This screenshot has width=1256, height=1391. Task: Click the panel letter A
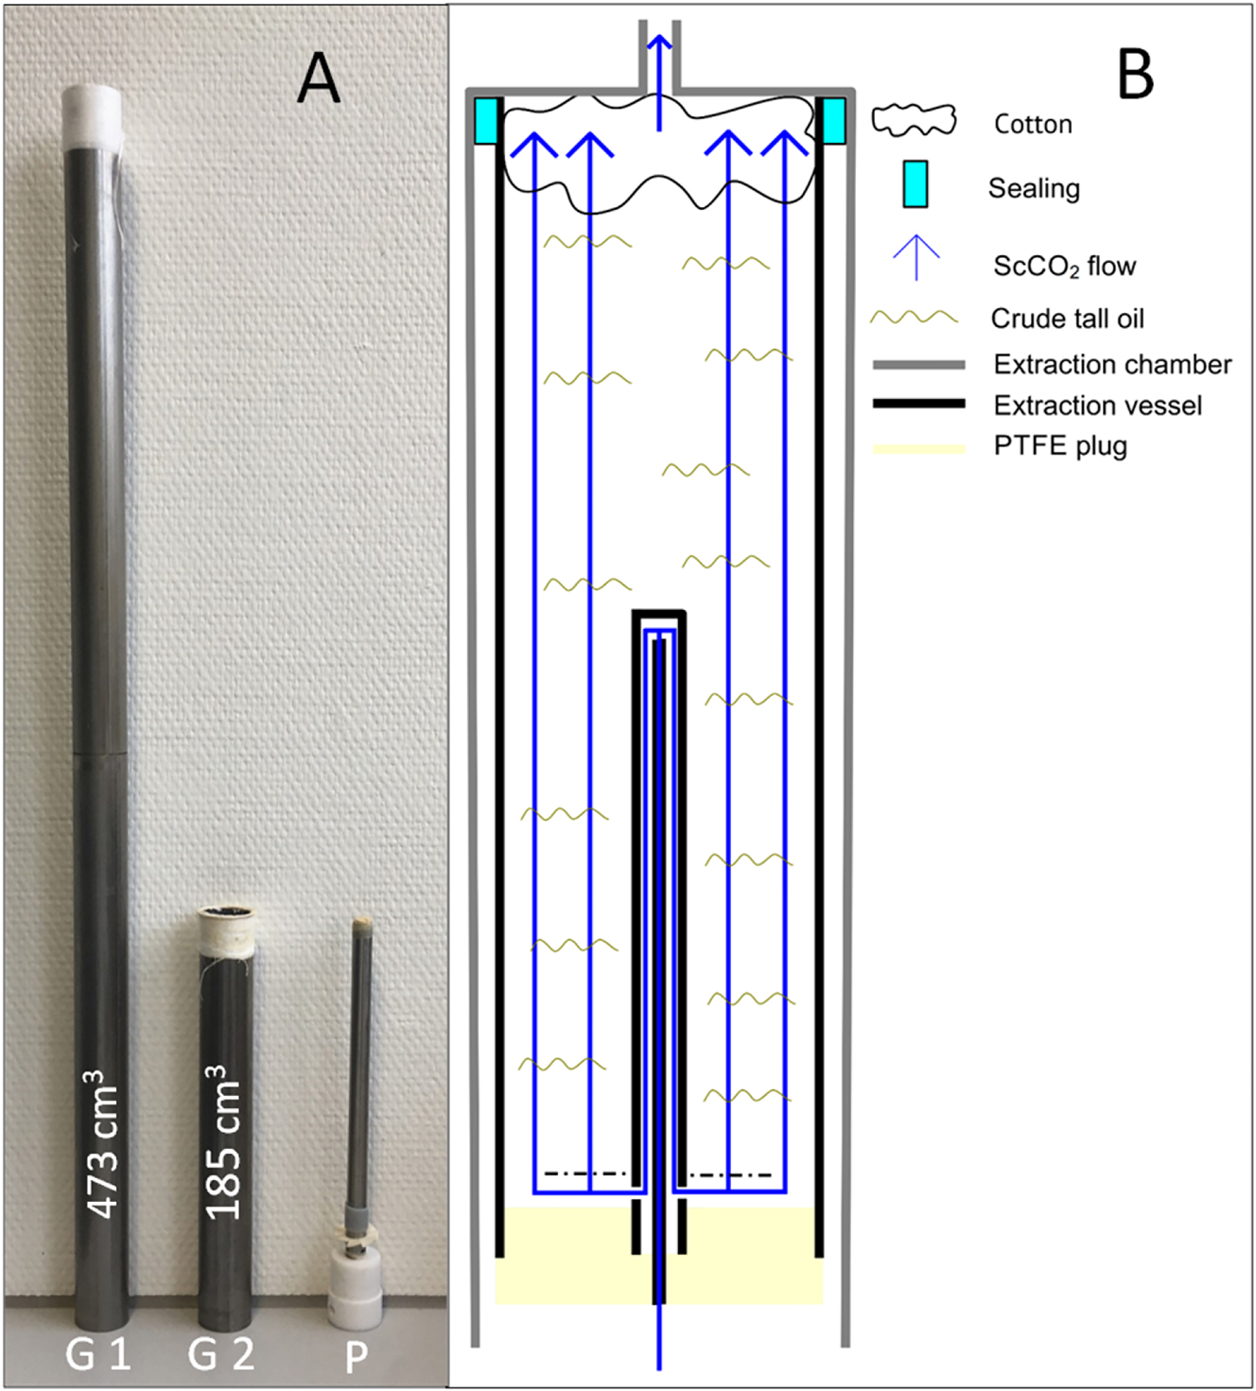click(x=319, y=78)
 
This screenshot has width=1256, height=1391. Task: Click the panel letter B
click(x=1135, y=74)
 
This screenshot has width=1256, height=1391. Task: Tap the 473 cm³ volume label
click(x=103, y=1144)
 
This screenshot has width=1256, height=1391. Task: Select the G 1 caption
click(x=97, y=1354)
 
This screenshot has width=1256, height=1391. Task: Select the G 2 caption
click(x=221, y=1354)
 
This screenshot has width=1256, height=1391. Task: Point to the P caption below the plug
click(x=356, y=1357)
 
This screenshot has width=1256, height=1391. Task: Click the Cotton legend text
click(x=1033, y=124)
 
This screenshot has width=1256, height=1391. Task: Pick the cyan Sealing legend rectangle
click(x=915, y=183)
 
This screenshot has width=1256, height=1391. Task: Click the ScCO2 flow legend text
click(x=1064, y=267)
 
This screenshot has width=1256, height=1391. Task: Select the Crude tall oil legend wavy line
click(x=914, y=318)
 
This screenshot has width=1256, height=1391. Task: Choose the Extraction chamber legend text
click(x=1112, y=364)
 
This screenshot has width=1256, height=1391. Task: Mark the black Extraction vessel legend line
click(x=918, y=404)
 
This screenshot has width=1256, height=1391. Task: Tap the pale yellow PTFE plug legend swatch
click(x=918, y=448)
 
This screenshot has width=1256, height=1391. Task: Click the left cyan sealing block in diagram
click(x=486, y=121)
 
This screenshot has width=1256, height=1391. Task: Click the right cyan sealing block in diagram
click(x=833, y=121)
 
